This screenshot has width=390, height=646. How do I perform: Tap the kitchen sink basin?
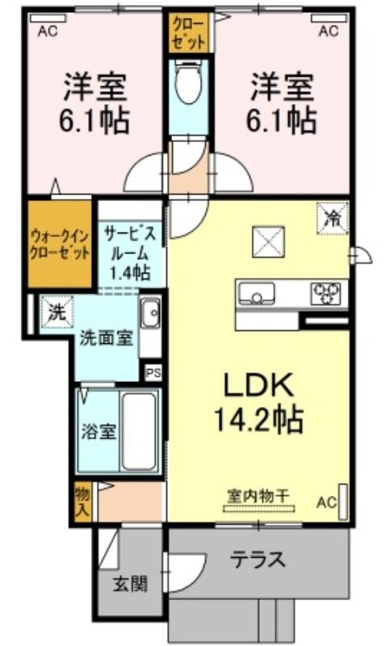point(256,293)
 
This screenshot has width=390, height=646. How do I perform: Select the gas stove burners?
point(326,293)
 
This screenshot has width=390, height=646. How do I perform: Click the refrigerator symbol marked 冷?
point(333,219)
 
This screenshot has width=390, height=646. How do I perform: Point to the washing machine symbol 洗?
point(57,313)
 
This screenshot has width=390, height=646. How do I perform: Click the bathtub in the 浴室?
point(140,431)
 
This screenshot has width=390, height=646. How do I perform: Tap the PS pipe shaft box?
point(153,373)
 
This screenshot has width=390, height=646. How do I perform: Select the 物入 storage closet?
point(83,501)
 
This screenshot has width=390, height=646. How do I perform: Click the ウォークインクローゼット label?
point(60,244)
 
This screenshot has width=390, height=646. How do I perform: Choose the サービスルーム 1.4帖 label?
point(130,253)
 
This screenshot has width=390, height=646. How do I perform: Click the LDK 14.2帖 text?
point(258,402)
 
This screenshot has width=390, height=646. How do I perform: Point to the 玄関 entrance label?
point(130,583)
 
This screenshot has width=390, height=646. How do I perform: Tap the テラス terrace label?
point(258,560)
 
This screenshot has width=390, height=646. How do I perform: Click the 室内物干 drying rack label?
point(258,495)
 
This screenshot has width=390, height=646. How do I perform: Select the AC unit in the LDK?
point(342,501)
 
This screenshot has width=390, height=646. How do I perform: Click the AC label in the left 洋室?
point(48,31)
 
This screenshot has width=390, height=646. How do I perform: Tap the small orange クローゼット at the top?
point(188,32)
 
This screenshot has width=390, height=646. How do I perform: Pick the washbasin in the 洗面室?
point(150,313)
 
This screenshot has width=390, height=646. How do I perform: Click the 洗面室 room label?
point(106,338)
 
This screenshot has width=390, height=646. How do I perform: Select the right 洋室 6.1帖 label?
point(282,103)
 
